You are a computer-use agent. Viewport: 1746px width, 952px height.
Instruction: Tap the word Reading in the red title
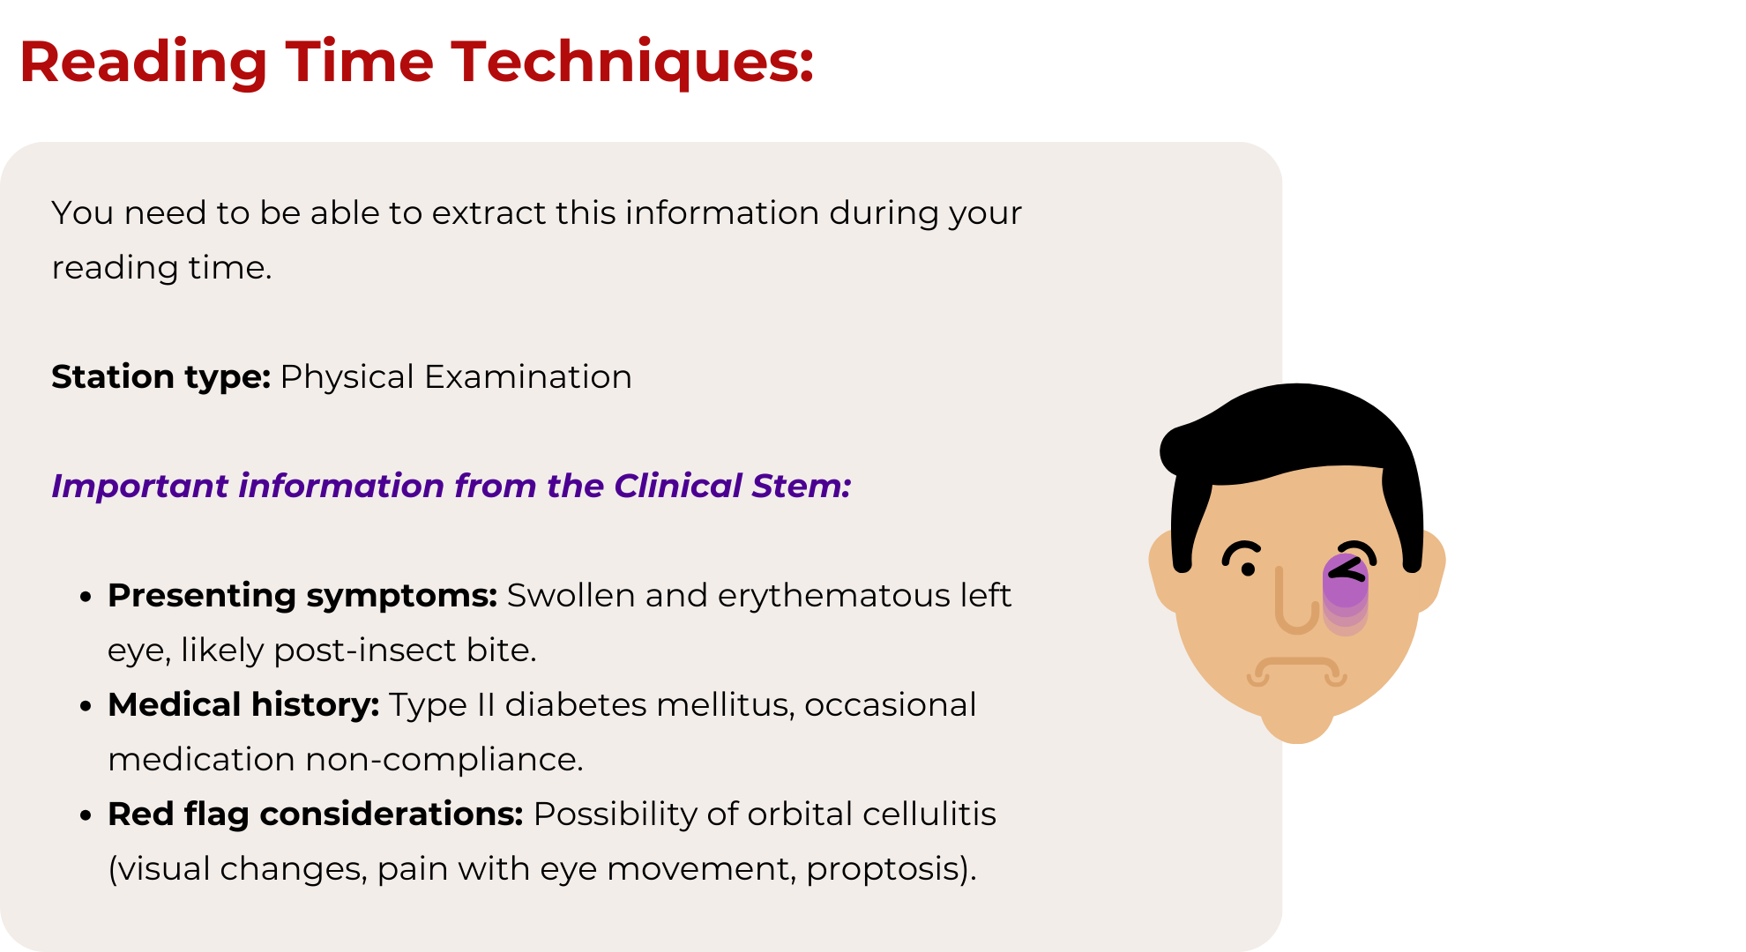click(143, 63)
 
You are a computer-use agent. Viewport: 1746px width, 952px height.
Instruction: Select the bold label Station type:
click(160, 377)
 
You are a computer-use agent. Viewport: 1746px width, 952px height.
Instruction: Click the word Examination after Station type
click(528, 376)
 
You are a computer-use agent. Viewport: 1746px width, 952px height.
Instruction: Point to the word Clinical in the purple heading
click(678, 486)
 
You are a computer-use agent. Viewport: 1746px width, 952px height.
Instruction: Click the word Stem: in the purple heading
click(802, 486)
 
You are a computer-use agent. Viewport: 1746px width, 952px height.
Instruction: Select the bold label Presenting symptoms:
click(302, 596)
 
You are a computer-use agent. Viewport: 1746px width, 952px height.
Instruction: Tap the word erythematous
click(834, 596)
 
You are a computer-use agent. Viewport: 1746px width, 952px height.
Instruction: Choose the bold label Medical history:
click(243, 705)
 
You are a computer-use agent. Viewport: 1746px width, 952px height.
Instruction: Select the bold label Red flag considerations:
click(316, 814)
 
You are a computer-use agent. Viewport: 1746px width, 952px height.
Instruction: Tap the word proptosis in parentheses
click(887, 869)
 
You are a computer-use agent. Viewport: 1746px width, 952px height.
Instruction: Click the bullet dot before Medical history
click(86, 706)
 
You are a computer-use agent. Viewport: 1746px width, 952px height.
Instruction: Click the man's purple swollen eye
click(1346, 582)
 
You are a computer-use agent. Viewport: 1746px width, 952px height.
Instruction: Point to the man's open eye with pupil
click(1243, 557)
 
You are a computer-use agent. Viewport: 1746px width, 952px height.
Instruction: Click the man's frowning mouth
click(1296, 671)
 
